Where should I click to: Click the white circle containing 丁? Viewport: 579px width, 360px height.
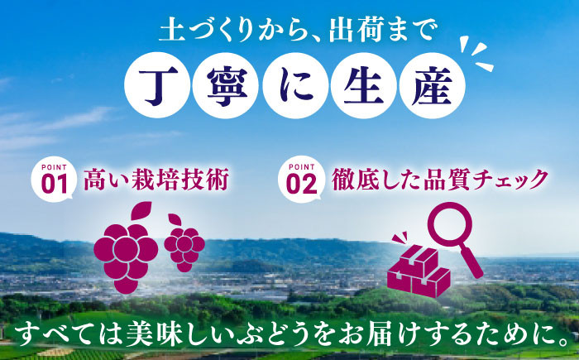point(157,85)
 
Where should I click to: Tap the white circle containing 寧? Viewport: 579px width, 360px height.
point(223,85)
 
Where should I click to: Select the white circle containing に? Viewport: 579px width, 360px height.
point(289,85)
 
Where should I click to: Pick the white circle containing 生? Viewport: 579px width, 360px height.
point(355,85)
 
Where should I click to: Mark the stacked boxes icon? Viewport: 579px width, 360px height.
point(418,266)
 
